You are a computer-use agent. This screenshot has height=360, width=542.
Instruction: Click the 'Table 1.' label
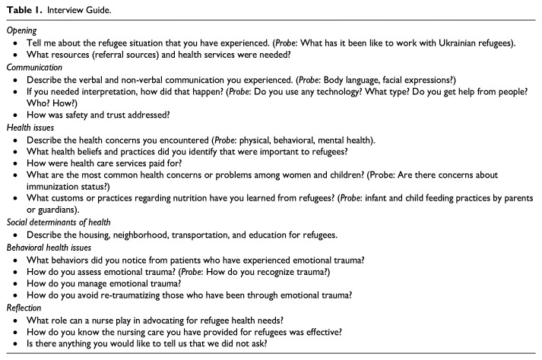click(22, 10)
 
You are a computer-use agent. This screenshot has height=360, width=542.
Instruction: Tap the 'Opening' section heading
click(21, 31)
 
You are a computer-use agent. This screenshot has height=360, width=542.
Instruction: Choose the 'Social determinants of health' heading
click(58, 222)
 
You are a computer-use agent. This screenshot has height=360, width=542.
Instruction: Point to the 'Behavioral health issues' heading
click(50, 247)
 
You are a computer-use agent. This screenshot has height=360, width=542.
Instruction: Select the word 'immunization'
click(53, 187)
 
